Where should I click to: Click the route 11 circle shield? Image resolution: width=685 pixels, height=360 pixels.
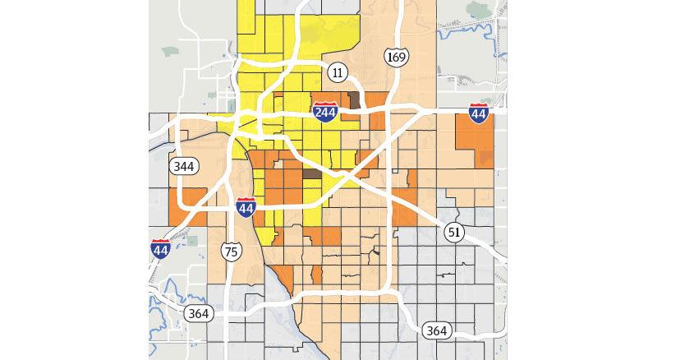point(337,72)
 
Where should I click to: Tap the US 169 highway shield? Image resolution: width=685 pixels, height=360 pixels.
point(394,58)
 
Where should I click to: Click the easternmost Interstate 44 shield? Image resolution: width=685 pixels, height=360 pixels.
point(479,113)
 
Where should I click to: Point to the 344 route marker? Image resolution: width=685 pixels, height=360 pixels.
point(183,166)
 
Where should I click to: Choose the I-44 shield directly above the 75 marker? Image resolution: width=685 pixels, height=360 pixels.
point(245,207)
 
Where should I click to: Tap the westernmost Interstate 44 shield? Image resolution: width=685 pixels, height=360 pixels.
point(161,249)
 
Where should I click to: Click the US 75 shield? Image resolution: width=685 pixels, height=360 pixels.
point(232,252)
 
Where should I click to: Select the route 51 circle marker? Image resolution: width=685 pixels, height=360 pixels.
point(453,233)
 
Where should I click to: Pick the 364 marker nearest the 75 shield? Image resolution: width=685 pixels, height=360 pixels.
point(197,313)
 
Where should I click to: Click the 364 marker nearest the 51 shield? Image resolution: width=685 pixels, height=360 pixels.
point(437,330)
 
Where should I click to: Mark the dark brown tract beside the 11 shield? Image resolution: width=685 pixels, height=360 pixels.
point(355,101)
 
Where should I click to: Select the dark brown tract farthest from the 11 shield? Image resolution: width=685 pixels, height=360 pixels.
point(313,173)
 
